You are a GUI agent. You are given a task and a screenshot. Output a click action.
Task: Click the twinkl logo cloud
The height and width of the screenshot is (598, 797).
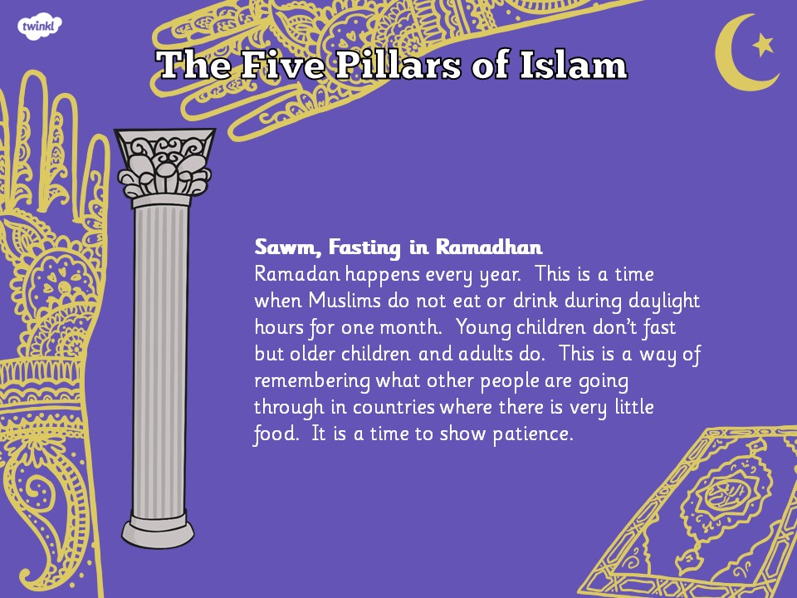40,26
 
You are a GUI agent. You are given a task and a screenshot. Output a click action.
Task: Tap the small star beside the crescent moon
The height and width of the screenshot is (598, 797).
763,44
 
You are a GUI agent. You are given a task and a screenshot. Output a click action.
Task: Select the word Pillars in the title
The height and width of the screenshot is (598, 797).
397,65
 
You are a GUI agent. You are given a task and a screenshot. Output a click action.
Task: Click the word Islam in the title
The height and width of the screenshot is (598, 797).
573,65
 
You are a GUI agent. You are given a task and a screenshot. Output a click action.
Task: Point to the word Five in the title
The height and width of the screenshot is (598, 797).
281,65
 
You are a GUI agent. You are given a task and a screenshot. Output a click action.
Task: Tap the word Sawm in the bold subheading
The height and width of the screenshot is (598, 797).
288,248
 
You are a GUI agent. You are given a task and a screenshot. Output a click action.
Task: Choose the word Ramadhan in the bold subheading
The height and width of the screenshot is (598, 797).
489,248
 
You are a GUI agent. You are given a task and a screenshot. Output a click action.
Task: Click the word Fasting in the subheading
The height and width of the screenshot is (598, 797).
364,248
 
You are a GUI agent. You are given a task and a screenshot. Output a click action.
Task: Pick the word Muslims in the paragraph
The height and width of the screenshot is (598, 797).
344,300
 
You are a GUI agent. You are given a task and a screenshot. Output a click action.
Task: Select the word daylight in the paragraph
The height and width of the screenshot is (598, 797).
664,301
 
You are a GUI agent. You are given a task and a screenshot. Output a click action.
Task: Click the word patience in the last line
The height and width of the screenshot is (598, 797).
533,434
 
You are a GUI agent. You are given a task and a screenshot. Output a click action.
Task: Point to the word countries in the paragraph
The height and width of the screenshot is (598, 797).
394,407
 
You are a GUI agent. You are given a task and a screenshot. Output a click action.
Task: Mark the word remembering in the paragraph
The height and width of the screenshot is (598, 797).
312,381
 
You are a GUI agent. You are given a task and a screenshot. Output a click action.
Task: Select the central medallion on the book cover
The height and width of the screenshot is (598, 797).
721,493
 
